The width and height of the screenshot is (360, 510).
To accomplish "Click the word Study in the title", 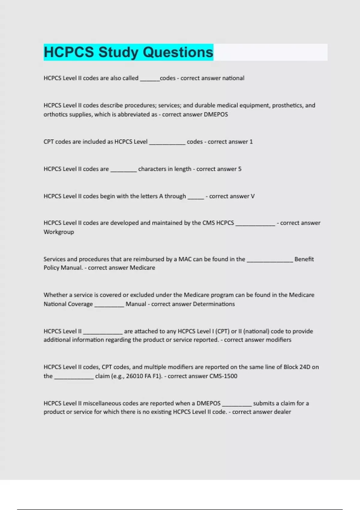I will [118, 52].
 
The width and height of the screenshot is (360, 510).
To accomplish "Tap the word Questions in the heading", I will [178, 52].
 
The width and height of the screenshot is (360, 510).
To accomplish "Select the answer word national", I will [233, 78].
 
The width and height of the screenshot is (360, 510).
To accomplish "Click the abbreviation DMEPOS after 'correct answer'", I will [216, 115].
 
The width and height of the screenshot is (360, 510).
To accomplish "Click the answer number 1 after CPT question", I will [251, 142].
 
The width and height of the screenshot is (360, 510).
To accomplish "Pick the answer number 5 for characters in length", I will [240, 169].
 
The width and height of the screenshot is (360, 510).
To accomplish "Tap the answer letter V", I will [253, 196].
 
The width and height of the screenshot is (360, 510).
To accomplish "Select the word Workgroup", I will [59, 232].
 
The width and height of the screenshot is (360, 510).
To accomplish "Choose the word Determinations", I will [214, 304].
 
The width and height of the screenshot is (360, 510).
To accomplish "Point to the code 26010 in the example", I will [134, 376].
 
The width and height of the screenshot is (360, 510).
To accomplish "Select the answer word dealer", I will [282, 412].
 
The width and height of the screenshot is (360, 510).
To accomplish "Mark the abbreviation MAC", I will [185, 259].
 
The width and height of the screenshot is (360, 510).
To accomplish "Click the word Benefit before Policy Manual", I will [304, 259].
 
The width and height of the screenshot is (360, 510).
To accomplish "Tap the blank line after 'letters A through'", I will [196, 197].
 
